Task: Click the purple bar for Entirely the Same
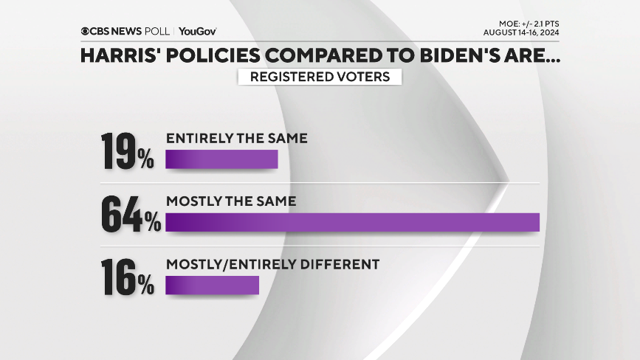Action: click(221, 160)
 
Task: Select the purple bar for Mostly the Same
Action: click(353, 222)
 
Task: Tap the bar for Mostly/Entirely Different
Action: click(213, 285)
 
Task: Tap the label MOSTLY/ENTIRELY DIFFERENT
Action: click(272, 263)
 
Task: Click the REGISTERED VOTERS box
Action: click(320, 76)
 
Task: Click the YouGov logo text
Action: click(197, 31)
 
